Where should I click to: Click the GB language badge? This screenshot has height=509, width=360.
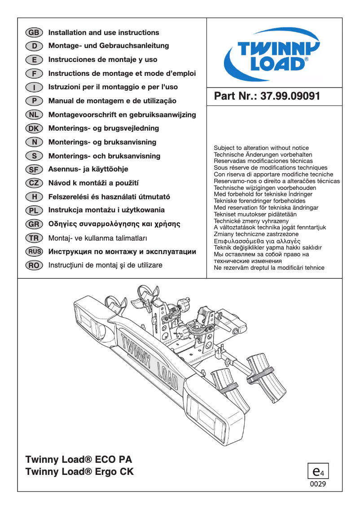34,33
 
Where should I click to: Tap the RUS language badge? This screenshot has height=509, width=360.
34,252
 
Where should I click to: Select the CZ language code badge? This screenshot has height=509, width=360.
34,183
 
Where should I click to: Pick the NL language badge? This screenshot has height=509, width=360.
34,115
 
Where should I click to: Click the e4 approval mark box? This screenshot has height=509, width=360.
318,471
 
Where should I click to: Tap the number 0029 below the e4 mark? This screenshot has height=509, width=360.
318,484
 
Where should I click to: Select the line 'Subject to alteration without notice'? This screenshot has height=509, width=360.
261,148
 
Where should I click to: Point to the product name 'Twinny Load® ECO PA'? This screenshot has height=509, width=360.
79,460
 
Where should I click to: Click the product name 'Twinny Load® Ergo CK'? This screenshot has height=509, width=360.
80,472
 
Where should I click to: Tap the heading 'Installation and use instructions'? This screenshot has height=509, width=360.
104,33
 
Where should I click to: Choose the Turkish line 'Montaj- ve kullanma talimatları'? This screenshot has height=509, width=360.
98,238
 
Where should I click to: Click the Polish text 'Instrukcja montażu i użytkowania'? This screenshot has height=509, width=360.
106,210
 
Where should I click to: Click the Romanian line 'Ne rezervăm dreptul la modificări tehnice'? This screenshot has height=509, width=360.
269,268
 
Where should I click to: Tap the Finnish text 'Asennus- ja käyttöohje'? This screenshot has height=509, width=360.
88,169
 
